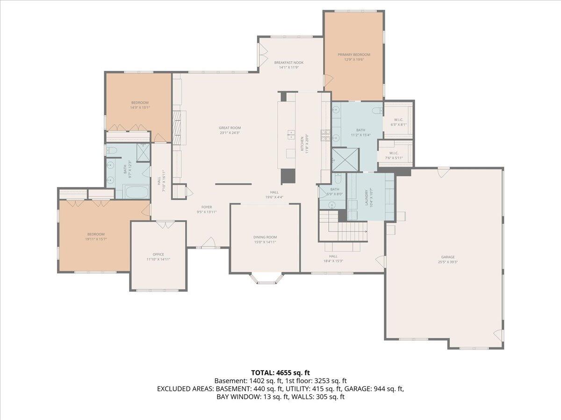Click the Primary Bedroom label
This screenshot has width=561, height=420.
[x=354, y=55]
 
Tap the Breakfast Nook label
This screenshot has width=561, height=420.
[x=288, y=62]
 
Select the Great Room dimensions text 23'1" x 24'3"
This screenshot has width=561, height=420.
[x=230, y=133]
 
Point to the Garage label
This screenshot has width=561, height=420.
[x=447, y=257]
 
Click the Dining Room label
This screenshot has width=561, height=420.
[x=265, y=237]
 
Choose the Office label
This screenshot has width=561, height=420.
[x=158, y=254]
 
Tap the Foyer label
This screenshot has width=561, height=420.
[x=207, y=207]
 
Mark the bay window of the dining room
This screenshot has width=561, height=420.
[x=266, y=279]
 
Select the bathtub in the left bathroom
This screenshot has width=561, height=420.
[x=136, y=191]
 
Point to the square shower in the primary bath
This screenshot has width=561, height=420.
[x=345, y=160]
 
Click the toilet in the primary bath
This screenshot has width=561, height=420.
[x=377, y=111]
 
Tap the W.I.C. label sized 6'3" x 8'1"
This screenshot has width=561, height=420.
[x=398, y=120]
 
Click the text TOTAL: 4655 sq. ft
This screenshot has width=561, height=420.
[x=280, y=372]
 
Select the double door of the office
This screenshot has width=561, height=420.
[x=164, y=225]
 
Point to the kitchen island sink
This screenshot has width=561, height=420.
[x=290, y=136]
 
